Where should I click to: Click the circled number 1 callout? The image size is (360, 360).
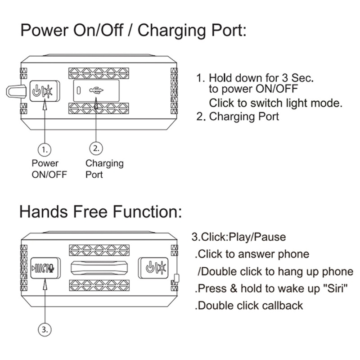click(44, 148)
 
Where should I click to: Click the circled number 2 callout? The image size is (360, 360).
click(96, 148)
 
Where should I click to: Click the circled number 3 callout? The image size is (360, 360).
click(44, 330)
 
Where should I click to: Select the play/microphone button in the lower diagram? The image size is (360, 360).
click(44, 269)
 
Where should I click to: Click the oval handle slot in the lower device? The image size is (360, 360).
click(102, 269)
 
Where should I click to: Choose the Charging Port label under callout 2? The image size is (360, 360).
click(104, 168)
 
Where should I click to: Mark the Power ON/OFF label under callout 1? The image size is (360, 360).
click(49, 168)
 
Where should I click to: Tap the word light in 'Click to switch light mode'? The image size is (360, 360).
click(298, 103)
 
